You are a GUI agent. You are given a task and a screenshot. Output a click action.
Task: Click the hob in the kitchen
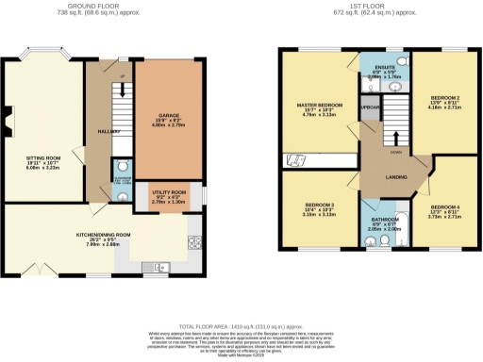(194, 239)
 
